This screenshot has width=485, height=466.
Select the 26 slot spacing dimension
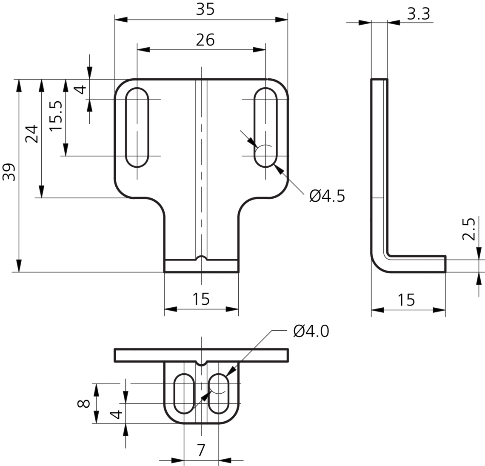click(x=205, y=40)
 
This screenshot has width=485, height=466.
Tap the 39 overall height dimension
click(x=9, y=172)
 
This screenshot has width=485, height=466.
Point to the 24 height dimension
click(x=32, y=134)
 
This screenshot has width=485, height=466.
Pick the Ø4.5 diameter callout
click(x=327, y=196)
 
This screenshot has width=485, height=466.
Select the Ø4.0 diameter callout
click(x=311, y=331)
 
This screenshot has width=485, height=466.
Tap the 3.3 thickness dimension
click(x=418, y=14)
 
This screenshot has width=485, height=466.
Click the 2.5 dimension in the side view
click(x=468, y=230)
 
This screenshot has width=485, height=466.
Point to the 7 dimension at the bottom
click(x=201, y=449)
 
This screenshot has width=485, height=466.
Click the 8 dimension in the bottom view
click(x=84, y=403)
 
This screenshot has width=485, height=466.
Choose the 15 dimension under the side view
click(x=407, y=300)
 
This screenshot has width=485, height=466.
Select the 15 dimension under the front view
click(x=201, y=299)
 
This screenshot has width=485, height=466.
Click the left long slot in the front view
click(x=137, y=127)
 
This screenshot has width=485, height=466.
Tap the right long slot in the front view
click(x=265, y=127)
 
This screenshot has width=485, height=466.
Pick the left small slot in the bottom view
click(x=185, y=394)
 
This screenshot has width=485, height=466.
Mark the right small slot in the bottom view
click(x=219, y=394)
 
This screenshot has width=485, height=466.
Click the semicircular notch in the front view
click(x=201, y=258)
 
